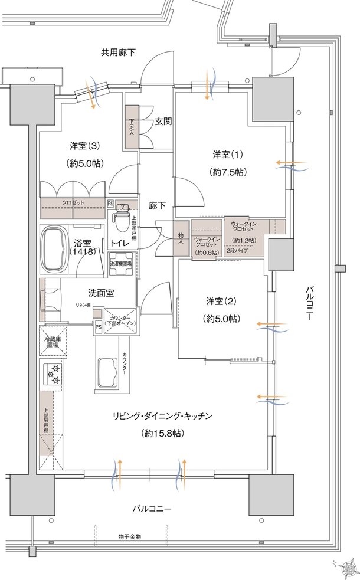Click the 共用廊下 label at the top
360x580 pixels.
(x=118, y=53)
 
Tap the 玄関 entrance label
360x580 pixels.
(x=163, y=122)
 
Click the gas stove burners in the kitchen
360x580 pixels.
(x=53, y=374)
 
